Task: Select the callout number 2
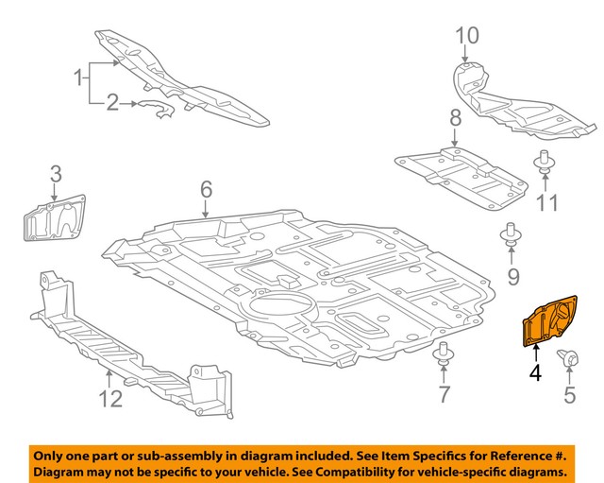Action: pos(112,102)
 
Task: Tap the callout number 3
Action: pos(56,173)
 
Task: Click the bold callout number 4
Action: pos(535,372)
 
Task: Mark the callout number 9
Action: pos(513,276)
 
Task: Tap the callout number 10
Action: pos(467,36)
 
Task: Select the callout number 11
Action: pos(547,202)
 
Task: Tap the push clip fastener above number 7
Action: pos(442,358)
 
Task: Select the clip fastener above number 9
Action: pos(511,238)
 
